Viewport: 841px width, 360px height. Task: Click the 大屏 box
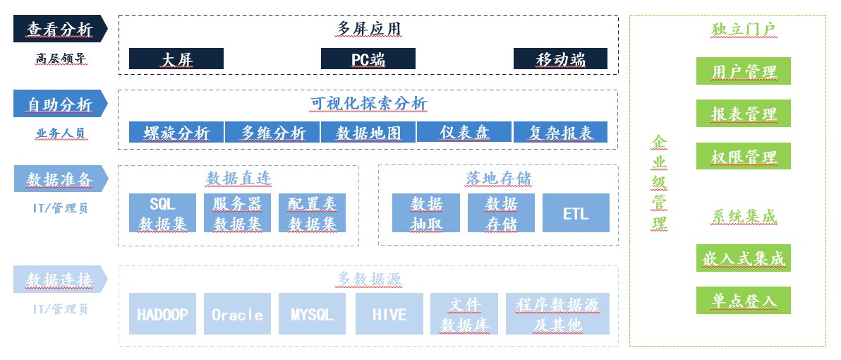[x=176, y=59]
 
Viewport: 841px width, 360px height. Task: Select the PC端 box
[x=368, y=59]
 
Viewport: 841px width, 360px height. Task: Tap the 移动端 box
[x=560, y=59]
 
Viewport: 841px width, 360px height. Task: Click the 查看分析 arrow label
[x=61, y=28]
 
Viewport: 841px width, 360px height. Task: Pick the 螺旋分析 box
[x=176, y=132]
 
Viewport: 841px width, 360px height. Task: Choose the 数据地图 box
[x=368, y=132]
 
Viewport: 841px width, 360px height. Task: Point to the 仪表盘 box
[x=464, y=132]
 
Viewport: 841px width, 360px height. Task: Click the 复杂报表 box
[x=560, y=132]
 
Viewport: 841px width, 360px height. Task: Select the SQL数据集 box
[x=162, y=213]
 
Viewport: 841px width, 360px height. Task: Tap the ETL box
[x=576, y=213]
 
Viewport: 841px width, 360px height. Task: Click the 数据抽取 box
[x=426, y=213]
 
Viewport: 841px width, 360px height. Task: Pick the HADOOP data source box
[x=162, y=314]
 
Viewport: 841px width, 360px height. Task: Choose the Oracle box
[x=237, y=314]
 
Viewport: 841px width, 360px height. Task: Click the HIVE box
[x=389, y=314]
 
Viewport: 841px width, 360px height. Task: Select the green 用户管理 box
[x=744, y=71]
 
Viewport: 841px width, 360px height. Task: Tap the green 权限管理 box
[x=744, y=156]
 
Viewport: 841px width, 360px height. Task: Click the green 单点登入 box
[x=744, y=301]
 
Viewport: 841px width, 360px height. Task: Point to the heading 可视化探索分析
[x=368, y=104]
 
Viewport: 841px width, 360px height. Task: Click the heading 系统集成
[x=744, y=216]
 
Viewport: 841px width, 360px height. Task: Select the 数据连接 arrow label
[x=61, y=280]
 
